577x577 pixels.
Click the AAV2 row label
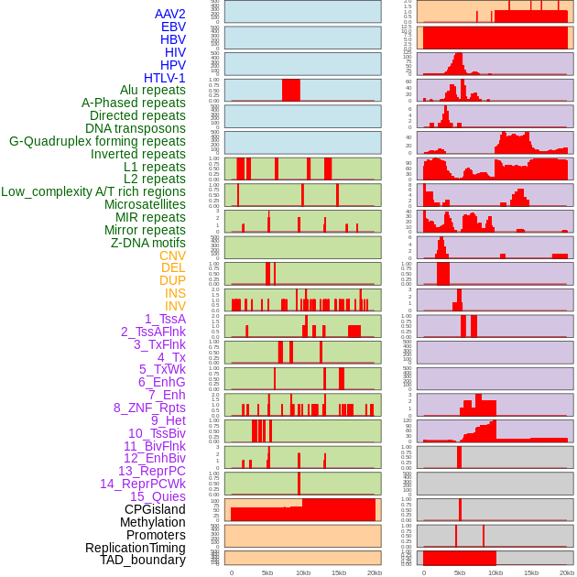pyautogui.click(x=169, y=14)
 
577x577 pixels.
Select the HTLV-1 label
pyautogui.click(x=164, y=78)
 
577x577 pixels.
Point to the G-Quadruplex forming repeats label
pyautogui.click(x=97, y=141)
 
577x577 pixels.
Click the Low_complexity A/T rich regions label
pyautogui.click(x=93, y=191)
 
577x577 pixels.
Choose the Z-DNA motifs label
pyautogui.click(x=147, y=243)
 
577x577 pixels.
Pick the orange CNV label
pyautogui.click(x=172, y=256)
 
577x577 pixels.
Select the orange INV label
pyautogui.click(x=175, y=306)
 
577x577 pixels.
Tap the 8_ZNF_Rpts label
pyautogui.click(x=149, y=408)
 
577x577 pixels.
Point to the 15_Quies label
pyautogui.click(x=157, y=496)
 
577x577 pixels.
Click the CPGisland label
pyautogui.click(x=155, y=509)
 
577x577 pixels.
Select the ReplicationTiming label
pyautogui.click(x=135, y=548)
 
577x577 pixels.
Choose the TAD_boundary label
pyautogui.click(x=142, y=560)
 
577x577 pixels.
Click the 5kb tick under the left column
pyautogui.click(x=267, y=572)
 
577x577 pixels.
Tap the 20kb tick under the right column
pyautogui.click(x=567, y=572)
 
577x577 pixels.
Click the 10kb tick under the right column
pyautogui.click(x=495, y=572)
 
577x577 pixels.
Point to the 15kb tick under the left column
pyautogui.click(x=339, y=572)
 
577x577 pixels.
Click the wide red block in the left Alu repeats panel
pyautogui.click(x=291, y=90)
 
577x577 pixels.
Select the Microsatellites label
pyautogui.click(x=145, y=204)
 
